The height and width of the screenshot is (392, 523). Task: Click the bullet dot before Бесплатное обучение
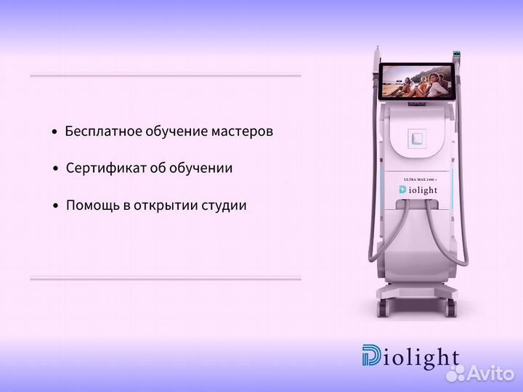click(54, 133)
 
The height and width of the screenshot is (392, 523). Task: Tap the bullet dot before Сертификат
click(55, 169)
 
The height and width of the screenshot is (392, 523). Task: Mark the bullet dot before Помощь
click(55, 206)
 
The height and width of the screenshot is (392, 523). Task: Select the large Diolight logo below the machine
click(410, 357)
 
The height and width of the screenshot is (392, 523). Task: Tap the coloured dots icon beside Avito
click(455, 372)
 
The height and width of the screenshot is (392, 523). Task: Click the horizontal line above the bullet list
click(166, 75)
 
